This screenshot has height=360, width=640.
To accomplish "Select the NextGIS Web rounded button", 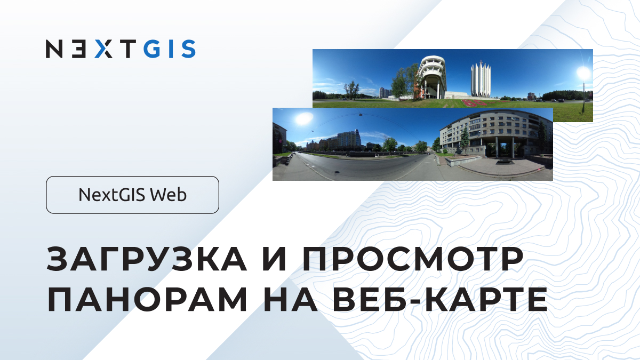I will pyautogui.click(x=132, y=195).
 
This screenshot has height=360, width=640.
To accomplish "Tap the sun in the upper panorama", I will pyautogui.click(x=583, y=73).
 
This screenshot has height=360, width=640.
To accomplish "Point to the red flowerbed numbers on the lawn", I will pyautogui.click(x=474, y=102).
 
